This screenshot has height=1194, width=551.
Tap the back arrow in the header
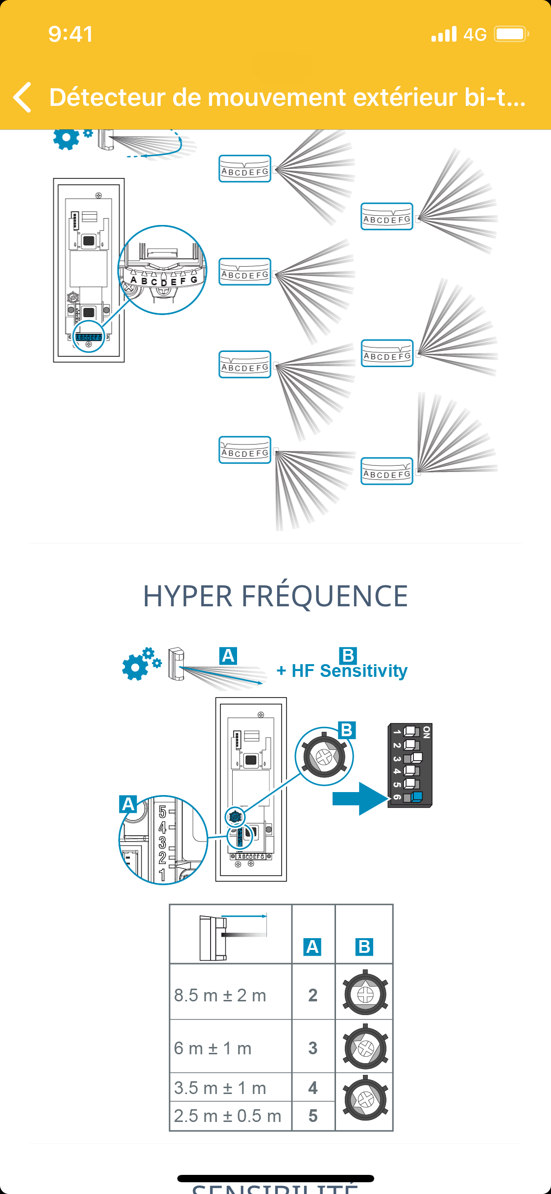[23, 97]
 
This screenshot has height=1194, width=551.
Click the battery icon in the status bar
[511, 34]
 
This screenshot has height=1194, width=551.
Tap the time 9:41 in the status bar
[71, 34]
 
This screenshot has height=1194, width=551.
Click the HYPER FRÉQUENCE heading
[275, 596]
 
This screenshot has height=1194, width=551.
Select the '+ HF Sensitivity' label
[342, 671]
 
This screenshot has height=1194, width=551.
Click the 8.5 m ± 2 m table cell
[220, 995]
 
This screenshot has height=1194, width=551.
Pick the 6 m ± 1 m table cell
[213, 1048]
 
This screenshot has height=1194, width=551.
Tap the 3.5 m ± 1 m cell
[220, 1088]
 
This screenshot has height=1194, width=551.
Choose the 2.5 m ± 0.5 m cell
[228, 1116]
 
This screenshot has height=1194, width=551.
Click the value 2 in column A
[313, 995]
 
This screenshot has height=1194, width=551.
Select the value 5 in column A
[313, 1116]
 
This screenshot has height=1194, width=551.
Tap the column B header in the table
[364, 946]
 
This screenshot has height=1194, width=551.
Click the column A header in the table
[312, 946]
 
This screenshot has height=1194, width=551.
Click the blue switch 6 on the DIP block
[416, 796]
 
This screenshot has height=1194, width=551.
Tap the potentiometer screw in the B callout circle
[324, 757]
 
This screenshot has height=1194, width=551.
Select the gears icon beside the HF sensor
[141, 664]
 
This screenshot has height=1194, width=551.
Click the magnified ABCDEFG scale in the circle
[163, 280]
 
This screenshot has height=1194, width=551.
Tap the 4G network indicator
[475, 34]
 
